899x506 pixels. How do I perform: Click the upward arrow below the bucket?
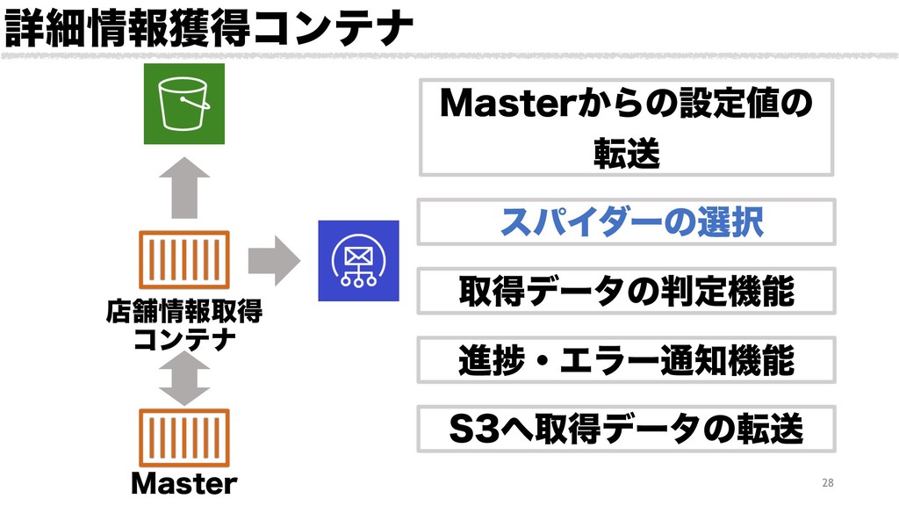click(184, 186)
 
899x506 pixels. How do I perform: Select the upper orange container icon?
click(184, 261)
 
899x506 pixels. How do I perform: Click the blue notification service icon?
click(357, 261)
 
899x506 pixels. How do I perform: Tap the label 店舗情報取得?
click(184, 312)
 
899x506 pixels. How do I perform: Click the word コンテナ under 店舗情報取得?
click(184, 339)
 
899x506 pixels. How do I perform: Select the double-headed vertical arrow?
click(184, 379)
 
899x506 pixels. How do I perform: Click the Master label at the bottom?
click(184, 484)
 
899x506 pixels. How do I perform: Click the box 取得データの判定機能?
click(626, 291)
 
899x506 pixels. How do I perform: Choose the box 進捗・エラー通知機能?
click(626, 359)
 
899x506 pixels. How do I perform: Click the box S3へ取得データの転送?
click(626, 428)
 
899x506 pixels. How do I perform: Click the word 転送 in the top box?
click(626, 155)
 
